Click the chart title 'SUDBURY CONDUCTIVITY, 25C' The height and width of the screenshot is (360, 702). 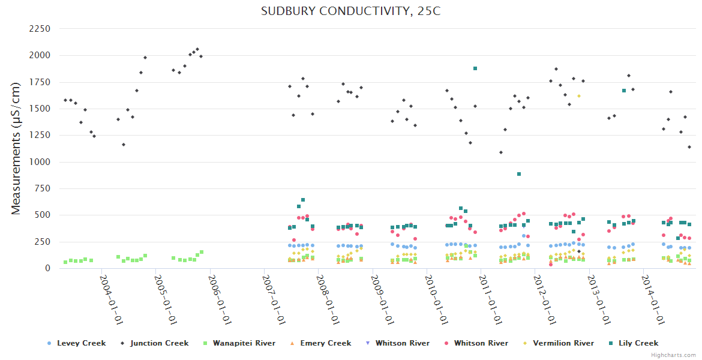pos(350,11)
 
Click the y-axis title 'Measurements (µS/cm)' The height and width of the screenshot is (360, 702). pos(16,149)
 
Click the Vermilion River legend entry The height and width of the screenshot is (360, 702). pos(561,343)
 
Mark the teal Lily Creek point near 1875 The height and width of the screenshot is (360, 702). pos(475,68)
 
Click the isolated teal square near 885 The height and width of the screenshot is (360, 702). pos(519,174)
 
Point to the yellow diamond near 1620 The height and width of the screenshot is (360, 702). pos(579,96)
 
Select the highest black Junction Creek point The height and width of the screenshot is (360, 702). pos(197,49)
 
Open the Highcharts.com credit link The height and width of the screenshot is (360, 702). pos(674,355)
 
